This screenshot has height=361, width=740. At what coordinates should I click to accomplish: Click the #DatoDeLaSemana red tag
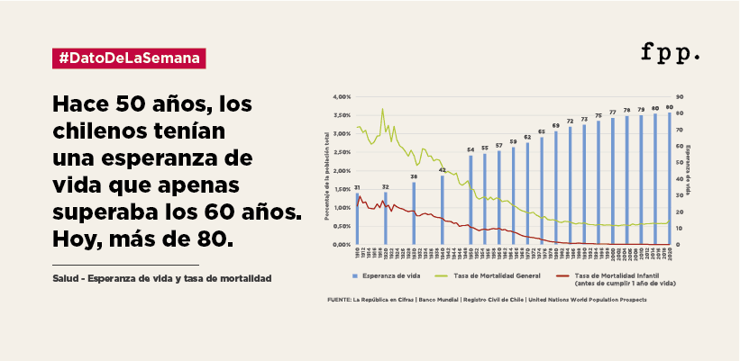[x=130, y=59]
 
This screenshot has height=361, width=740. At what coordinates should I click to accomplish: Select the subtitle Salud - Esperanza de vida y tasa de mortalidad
[x=162, y=279]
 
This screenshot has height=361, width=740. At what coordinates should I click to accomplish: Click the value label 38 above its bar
[x=414, y=176]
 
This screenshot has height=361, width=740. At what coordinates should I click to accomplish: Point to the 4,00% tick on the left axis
[x=341, y=96]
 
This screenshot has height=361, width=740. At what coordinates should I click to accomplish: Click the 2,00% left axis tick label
[x=341, y=170]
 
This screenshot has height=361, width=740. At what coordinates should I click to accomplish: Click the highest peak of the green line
[x=382, y=110]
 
